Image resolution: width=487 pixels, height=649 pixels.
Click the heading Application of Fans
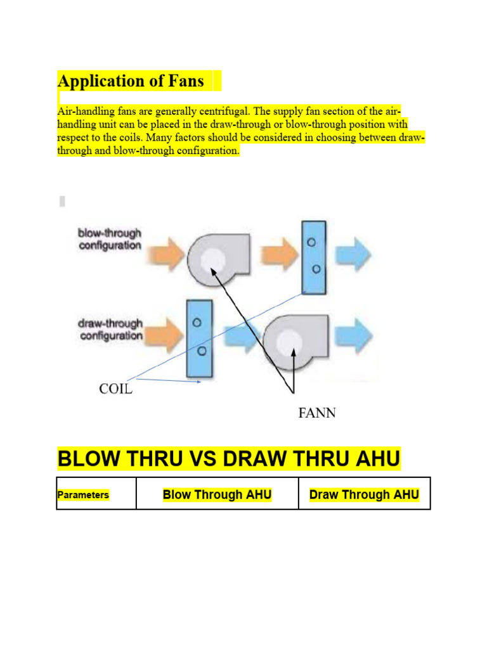[131, 81]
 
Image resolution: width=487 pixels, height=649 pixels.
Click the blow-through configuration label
[110, 240]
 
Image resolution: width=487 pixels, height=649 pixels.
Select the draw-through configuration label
[110, 330]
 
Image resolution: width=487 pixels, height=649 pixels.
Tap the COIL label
[116, 389]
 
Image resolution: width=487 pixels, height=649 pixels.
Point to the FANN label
[317, 414]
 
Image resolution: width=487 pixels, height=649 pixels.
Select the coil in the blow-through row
[314, 257]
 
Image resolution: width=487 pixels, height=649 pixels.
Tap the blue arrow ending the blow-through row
[354, 255]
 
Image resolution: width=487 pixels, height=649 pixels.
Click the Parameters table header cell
[82, 495]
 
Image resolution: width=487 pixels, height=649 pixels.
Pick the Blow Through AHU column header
[217, 494]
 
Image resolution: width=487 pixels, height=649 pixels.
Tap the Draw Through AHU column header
[364, 494]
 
